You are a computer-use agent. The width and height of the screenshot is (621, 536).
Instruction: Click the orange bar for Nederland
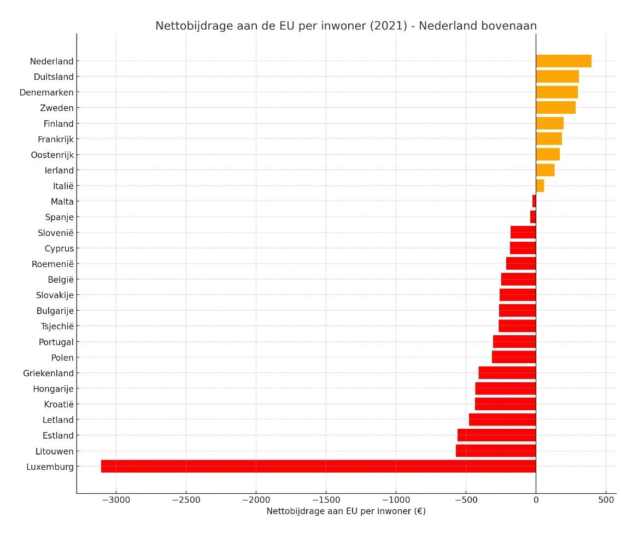(563, 61)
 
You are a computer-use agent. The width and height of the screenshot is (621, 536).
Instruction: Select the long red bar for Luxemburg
(318, 467)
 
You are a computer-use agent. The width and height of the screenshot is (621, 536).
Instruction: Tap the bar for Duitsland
(557, 77)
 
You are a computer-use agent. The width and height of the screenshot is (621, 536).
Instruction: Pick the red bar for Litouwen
(496, 451)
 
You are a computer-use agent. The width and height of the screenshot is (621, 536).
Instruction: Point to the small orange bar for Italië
(540, 186)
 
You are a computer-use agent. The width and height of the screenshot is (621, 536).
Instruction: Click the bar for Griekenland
(507, 373)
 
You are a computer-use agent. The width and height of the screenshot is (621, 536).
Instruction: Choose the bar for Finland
(549, 124)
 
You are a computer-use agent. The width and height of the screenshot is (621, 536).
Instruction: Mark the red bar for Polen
(514, 357)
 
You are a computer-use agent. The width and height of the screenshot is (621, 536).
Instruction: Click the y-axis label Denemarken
(46, 92)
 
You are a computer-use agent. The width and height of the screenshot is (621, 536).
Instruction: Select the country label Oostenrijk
(52, 155)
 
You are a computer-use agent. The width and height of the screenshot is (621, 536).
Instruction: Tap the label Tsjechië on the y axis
(57, 327)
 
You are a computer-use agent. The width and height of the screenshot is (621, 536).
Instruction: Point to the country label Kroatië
(58, 404)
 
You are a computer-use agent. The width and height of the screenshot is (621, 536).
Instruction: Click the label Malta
(62, 202)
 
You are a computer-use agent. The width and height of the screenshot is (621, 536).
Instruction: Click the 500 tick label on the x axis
(606, 500)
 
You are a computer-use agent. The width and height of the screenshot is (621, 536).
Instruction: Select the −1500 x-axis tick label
(326, 500)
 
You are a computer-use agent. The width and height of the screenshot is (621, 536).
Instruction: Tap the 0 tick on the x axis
(536, 500)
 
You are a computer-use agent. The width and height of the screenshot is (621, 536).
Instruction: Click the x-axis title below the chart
(346, 511)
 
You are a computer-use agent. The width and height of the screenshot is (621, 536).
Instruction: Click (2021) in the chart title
(390, 26)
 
